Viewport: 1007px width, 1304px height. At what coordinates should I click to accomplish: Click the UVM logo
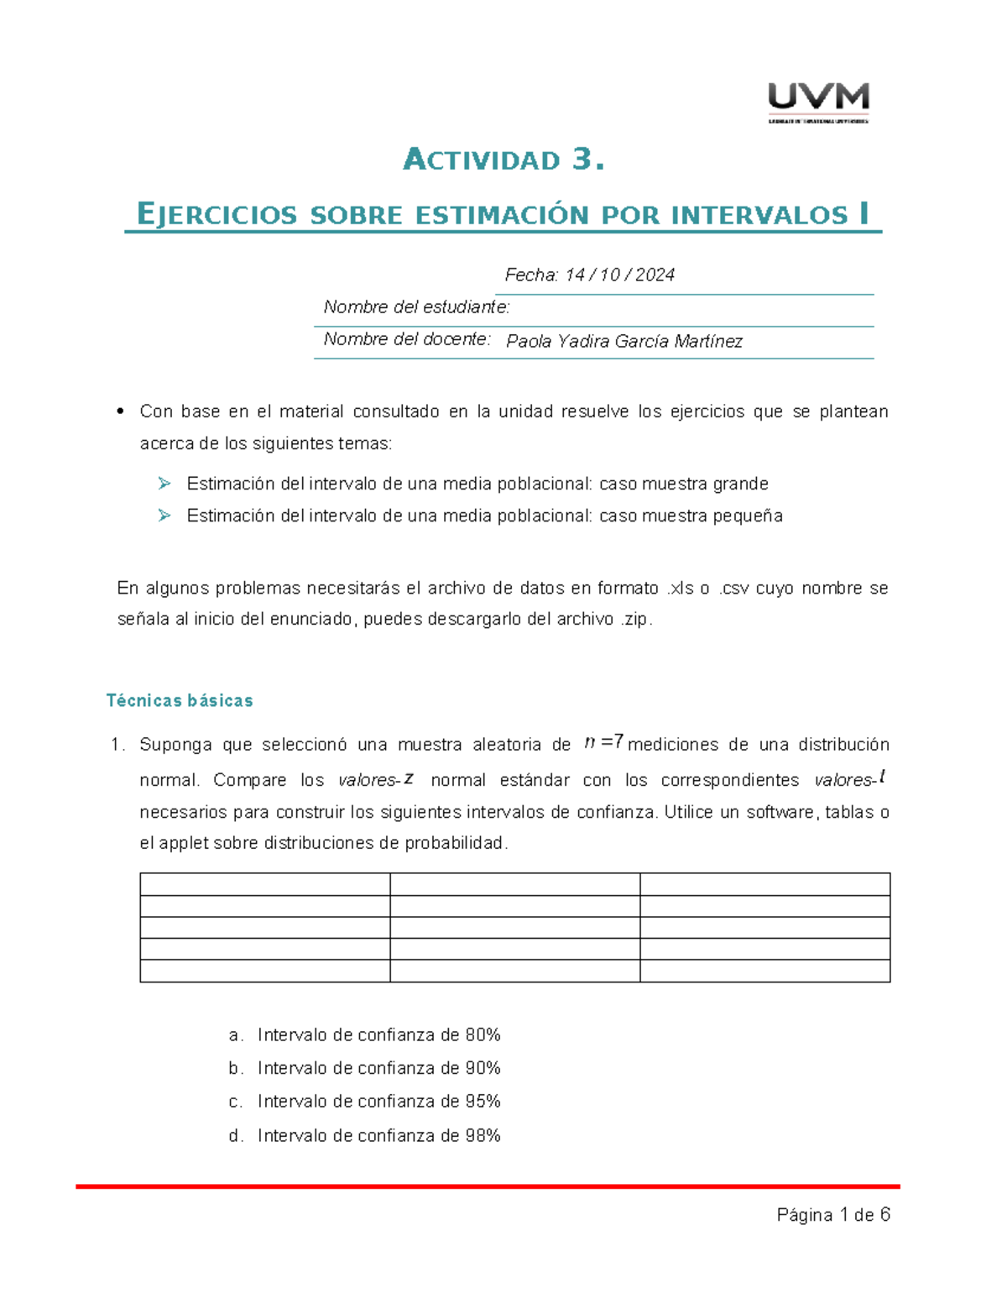[x=818, y=101]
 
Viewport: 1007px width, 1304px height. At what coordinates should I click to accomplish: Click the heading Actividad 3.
[x=503, y=160]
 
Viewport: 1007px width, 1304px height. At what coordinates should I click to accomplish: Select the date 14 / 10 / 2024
[x=620, y=275]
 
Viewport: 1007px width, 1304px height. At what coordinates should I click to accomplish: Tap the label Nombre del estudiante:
[x=416, y=307]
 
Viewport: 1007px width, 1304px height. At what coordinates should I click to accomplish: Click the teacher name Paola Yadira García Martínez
[x=624, y=341]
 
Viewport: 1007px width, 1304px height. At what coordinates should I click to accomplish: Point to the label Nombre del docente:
[x=407, y=339]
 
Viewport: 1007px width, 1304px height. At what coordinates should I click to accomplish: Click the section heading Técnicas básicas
[x=180, y=700]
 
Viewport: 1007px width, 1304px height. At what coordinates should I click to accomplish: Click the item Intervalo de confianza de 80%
[x=378, y=1034]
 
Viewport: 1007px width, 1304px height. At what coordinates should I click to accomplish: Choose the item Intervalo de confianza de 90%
[x=378, y=1068]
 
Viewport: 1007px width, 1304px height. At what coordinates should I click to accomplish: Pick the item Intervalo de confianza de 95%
[x=378, y=1101]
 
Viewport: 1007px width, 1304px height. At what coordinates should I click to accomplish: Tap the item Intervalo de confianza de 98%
[x=378, y=1135]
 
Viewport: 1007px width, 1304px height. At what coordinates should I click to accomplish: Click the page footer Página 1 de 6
[x=833, y=1215]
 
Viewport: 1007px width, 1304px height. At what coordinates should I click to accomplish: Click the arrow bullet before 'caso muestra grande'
[x=164, y=483]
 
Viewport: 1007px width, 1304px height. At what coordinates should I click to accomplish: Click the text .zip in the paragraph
[x=635, y=620]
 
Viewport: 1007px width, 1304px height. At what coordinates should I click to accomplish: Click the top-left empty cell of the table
[x=264, y=884]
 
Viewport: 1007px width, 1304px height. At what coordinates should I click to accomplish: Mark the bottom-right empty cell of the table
[x=764, y=971]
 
